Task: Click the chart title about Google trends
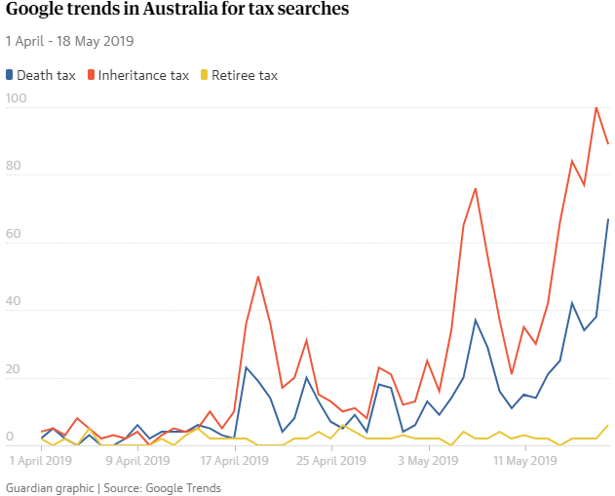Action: pos(177,13)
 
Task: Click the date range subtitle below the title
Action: pos(69,41)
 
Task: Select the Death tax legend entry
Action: pos(40,75)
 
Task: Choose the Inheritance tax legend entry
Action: pos(138,75)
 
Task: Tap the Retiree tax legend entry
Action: pos(238,75)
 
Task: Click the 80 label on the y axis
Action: pos(13,167)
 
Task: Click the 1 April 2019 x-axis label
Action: pos(42,459)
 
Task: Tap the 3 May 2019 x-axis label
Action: pos(429,459)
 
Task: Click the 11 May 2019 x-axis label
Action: pos(525,459)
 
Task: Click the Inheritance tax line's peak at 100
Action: pos(596,107)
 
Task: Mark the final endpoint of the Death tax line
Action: pos(608,219)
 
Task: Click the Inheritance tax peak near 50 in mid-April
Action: pos(258,277)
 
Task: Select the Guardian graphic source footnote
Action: pos(113,487)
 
